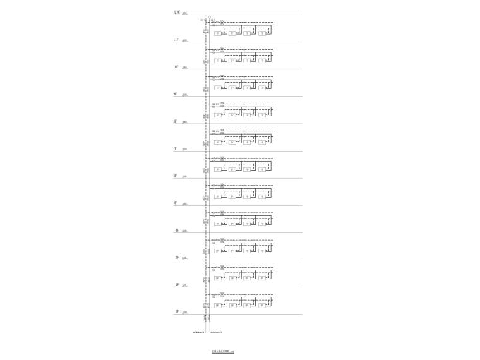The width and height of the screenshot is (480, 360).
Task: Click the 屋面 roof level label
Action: pos(176,12)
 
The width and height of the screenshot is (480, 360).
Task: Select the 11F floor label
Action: pos(176,40)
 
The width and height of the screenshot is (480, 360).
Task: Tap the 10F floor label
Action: pos(176,67)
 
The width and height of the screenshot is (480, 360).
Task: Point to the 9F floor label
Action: pos(176,94)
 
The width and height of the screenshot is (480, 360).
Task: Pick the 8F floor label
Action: pos(176,121)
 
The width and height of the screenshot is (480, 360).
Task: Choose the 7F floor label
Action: pos(176,148)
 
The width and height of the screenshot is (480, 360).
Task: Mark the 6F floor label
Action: pos(176,176)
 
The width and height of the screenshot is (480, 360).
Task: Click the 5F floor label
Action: pos(176,203)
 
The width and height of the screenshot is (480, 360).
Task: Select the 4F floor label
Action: pos(177,231)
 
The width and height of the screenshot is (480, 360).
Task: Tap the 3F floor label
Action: pos(177,258)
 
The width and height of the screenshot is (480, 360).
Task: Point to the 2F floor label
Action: pos(177,285)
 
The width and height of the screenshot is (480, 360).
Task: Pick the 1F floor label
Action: pos(177,312)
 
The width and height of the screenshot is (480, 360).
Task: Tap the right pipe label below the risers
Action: pos(215,331)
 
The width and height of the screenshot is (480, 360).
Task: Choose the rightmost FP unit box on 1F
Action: pos(262,305)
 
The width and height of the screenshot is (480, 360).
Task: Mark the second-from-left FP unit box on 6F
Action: pos(232,169)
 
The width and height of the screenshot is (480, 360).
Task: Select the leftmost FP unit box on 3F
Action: pos(219,251)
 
